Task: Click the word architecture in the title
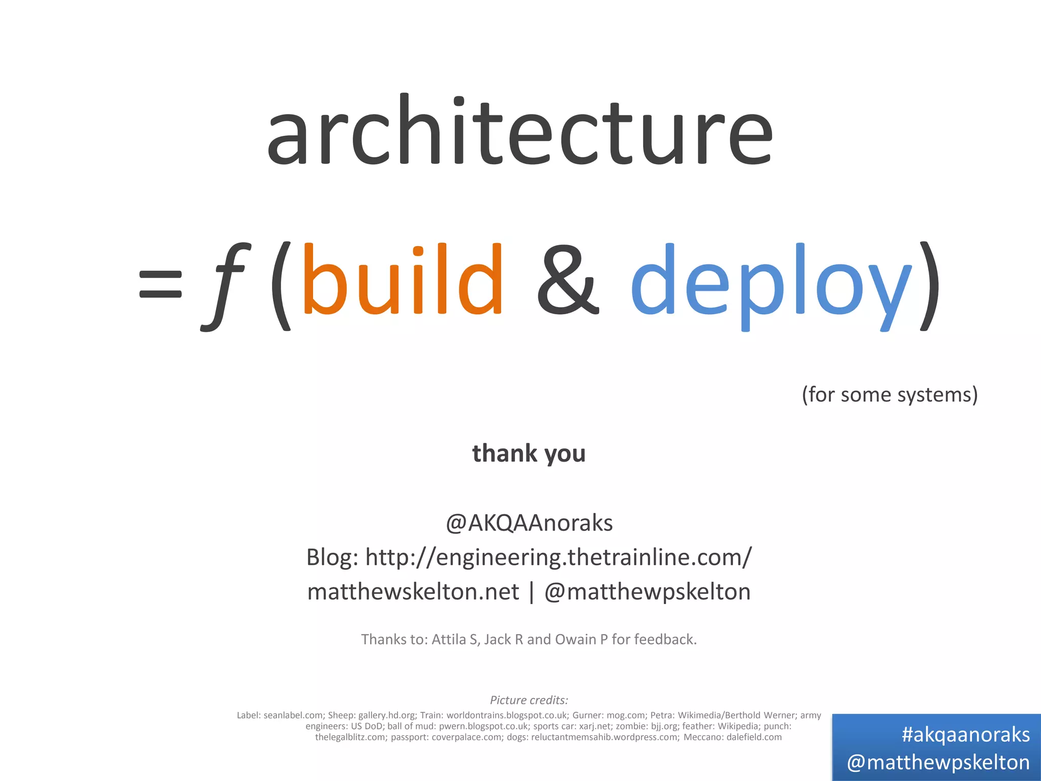point(519,133)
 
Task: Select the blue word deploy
point(770,285)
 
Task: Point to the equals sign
point(160,284)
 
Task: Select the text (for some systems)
point(890,395)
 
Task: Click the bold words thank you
point(529,453)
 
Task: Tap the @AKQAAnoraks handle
point(529,523)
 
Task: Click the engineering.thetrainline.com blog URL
point(558,557)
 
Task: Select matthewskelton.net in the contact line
point(413,592)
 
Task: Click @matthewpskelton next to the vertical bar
point(647,592)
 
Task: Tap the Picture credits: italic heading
point(529,700)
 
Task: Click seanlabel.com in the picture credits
point(293,715)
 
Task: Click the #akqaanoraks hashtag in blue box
point(965,735)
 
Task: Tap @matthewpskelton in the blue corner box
point(938,762)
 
